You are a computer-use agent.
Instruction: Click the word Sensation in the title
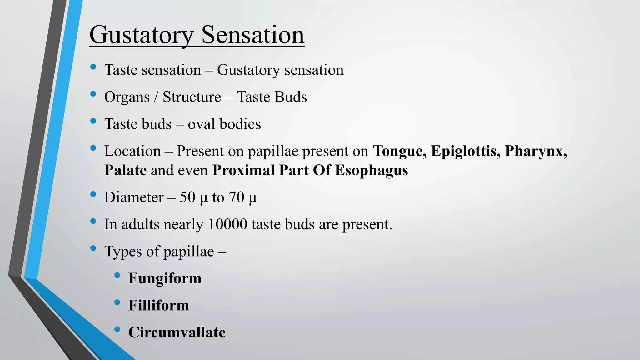coord(253,35)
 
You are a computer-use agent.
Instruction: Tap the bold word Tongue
coord(400,151)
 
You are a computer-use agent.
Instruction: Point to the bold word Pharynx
coord(536,152)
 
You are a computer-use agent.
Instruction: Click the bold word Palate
coord(125,170)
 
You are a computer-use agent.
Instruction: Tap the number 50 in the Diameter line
coord(187,197)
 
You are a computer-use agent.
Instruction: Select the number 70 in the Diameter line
coord(237,197)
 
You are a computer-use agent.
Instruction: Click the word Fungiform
coord(165,278)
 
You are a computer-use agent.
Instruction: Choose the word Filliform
coord(159,305)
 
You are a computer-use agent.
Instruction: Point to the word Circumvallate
coord(177,332)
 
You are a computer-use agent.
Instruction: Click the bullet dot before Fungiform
coord(117,275)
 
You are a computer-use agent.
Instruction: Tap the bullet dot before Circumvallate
coord(117,329)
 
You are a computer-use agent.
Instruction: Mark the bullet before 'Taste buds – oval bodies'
coord(93,121)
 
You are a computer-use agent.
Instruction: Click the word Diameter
coord(134,197)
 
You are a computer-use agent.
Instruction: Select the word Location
coord(132,151)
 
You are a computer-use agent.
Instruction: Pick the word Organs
coord(127,97)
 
